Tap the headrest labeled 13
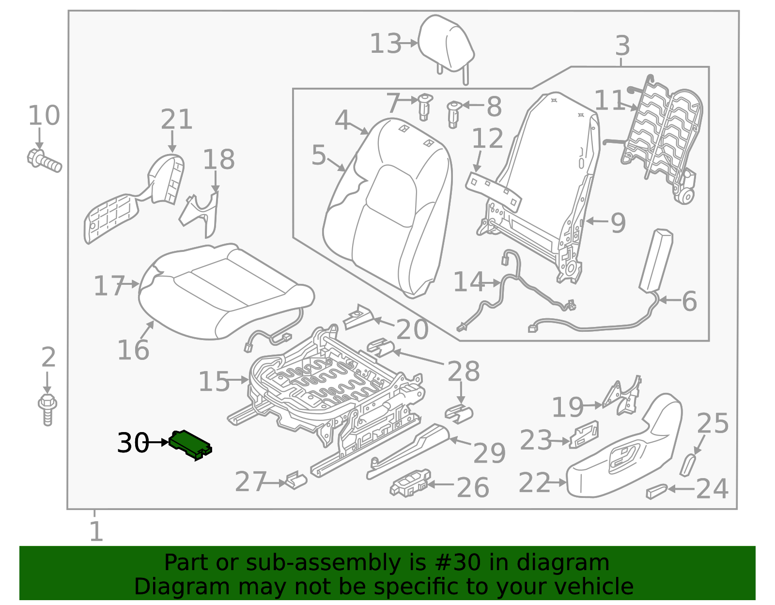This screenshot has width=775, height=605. point(445,44)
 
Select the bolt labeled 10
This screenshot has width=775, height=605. point(44,161)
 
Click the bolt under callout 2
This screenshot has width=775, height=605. point(47,409)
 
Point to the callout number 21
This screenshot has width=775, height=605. point(176,119)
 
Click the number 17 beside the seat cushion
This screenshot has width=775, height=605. point(109,286)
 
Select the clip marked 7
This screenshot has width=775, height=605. point(424,107)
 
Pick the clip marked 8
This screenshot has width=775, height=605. point(453,114)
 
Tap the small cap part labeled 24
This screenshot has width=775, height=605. point(656,491)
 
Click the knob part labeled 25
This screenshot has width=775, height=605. point(687,465)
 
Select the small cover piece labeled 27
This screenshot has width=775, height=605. point(295,480)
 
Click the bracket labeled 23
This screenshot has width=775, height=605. point(584,434)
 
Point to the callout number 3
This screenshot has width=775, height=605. point(622,46)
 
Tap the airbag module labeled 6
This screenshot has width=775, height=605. point(656,261)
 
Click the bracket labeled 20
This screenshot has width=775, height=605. point(358,318)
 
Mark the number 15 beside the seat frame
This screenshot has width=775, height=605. point(214,382)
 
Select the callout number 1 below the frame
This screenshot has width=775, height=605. point(96,532)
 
